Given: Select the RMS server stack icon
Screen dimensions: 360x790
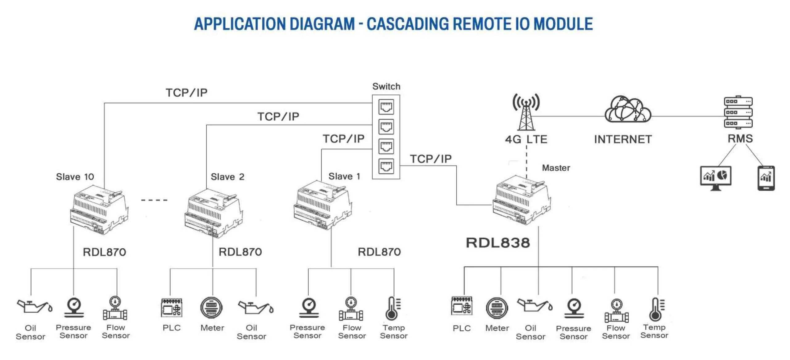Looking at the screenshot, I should point(738,112).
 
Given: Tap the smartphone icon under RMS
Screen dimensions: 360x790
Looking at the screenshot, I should point(766,178).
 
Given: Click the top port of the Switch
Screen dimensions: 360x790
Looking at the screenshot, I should point(386,107).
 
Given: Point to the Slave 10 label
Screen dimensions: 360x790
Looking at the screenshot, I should point(75,177).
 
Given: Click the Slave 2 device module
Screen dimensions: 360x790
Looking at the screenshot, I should point(214,213).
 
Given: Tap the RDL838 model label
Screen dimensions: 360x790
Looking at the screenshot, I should point(497,243).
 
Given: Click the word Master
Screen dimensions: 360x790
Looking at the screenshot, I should point(556,168).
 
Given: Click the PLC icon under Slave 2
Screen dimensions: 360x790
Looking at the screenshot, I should point(172,307).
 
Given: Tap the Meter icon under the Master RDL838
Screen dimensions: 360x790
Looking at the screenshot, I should point(497,308).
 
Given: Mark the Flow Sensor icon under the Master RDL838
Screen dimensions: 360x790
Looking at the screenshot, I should point(616,311).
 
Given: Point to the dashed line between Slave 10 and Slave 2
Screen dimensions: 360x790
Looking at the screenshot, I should point(154,200).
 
